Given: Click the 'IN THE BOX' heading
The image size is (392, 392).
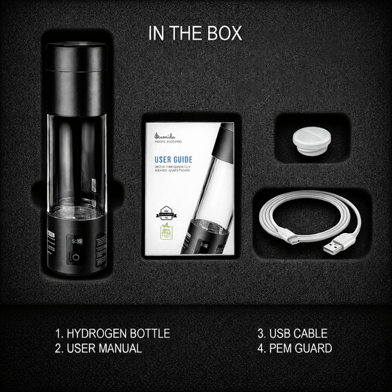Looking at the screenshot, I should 195,34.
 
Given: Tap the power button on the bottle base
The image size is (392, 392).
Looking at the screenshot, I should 75,258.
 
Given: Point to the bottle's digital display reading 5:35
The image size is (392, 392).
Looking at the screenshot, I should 77,240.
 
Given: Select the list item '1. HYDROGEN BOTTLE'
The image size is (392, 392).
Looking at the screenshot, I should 113,333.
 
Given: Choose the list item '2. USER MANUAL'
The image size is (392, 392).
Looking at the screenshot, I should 98,348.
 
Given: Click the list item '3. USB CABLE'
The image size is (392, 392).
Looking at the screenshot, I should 292,333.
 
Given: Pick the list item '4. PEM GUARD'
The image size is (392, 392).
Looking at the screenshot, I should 294,348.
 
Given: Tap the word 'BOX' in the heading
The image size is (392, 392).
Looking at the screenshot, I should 224,34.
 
